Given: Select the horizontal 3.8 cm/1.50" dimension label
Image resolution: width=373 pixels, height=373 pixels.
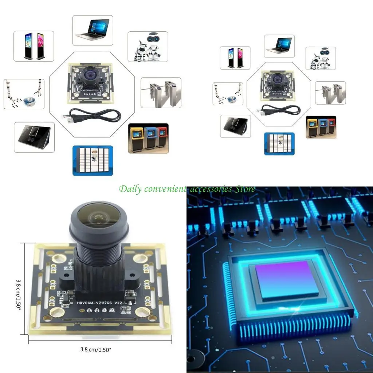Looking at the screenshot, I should click(95, 349).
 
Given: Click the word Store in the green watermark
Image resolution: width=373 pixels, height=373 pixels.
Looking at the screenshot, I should click(244, 189).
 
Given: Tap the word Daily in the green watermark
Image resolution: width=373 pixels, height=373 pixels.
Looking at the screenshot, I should click(130, 189).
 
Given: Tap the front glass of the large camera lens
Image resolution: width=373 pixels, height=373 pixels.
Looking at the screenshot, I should click(98, 217).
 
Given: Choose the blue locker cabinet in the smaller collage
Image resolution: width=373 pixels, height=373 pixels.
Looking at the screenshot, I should click(279, 144).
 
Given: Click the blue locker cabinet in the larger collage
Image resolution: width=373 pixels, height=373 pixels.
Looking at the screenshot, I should click(93, 160).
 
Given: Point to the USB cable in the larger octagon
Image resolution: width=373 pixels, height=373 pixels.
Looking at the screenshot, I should click(94, 115).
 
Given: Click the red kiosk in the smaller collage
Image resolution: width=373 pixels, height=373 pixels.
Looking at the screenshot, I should click(331, 126).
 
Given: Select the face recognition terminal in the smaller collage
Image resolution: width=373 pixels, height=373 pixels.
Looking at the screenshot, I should click(235, 126).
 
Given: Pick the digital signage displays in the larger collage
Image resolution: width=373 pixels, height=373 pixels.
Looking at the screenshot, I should click(34, 46).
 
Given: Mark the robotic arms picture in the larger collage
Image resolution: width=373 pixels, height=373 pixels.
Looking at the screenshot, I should click(24, 94).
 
